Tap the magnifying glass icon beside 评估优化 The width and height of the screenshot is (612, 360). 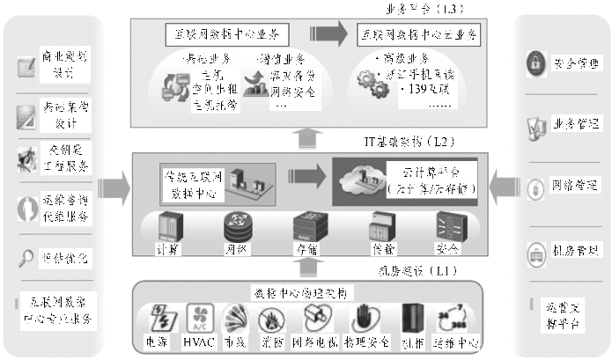pyautogui.click(x=26, y=257)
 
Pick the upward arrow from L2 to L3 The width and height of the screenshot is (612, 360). pyautogui.click(x=306, y=136)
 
